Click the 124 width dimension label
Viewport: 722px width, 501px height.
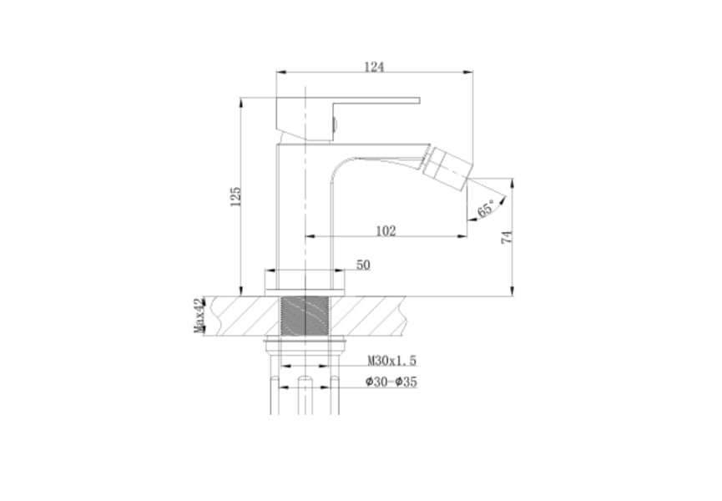click(374, 67)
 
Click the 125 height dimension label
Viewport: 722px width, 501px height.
click(235, 196)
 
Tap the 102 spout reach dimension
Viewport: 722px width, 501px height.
click(386, 230)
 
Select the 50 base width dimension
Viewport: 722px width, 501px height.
click(363, 265)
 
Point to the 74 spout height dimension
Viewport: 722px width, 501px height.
click(507, 238)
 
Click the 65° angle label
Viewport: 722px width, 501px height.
click(487, 209)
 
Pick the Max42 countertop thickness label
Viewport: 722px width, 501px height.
click(199, 316)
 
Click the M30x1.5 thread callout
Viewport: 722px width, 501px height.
click(391, 361)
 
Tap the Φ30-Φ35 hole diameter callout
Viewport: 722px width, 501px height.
click(391, 382)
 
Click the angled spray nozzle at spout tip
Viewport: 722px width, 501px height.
click(447, 167)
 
